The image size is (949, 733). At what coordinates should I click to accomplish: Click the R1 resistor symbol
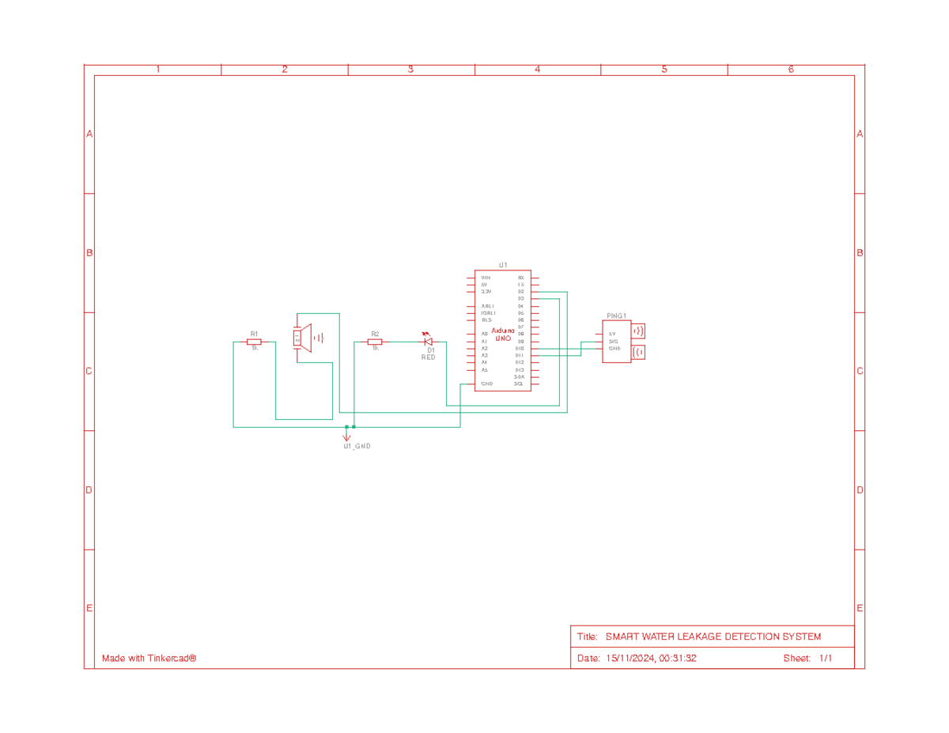254,342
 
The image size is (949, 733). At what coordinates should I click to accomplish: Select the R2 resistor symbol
375,342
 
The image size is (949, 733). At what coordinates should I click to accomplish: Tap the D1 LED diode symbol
428,342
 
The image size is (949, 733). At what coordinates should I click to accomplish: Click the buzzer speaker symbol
303,338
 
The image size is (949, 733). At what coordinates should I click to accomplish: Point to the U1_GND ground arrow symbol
346,435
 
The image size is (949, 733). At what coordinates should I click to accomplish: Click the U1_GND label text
357,446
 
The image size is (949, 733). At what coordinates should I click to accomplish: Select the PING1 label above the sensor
617,315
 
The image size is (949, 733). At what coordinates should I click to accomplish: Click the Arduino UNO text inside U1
503,334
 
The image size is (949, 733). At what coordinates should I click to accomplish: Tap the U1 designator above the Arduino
503,265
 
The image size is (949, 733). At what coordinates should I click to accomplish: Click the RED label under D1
428,357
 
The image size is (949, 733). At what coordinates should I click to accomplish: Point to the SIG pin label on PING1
613,341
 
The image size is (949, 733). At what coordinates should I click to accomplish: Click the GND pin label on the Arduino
486,384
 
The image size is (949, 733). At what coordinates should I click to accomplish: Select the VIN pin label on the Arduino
486,278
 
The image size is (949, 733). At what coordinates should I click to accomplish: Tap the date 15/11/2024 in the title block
631,659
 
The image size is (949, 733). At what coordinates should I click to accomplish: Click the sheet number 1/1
826,659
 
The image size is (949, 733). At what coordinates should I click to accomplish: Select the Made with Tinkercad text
149,659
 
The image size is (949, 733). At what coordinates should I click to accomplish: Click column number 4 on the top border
538,70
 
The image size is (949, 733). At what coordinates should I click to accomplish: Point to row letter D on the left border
89,490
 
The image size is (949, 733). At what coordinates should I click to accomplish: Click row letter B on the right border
860,253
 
